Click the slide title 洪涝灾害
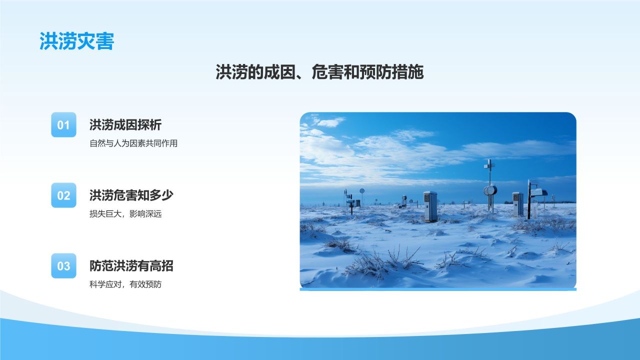pos(77,41)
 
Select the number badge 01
pos(63,124)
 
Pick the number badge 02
pos(63,195)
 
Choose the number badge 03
pos(63,265)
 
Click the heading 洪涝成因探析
pos(125,124)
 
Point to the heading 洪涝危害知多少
pos(131,195)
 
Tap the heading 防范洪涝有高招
pos(131,265)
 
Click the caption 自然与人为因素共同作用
pos(133,143)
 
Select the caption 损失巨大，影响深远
pos(125,213)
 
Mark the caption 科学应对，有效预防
pos(125,284)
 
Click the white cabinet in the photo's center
pos(430,206)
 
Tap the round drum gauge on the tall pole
pos(490,190)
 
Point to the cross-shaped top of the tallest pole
pos(489,165)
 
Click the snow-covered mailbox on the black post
pos(539,192)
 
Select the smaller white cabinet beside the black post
pos(517,204)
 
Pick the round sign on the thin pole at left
pos(362,191)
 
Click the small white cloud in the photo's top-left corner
pos(331,122)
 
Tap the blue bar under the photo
pos(438,289)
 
